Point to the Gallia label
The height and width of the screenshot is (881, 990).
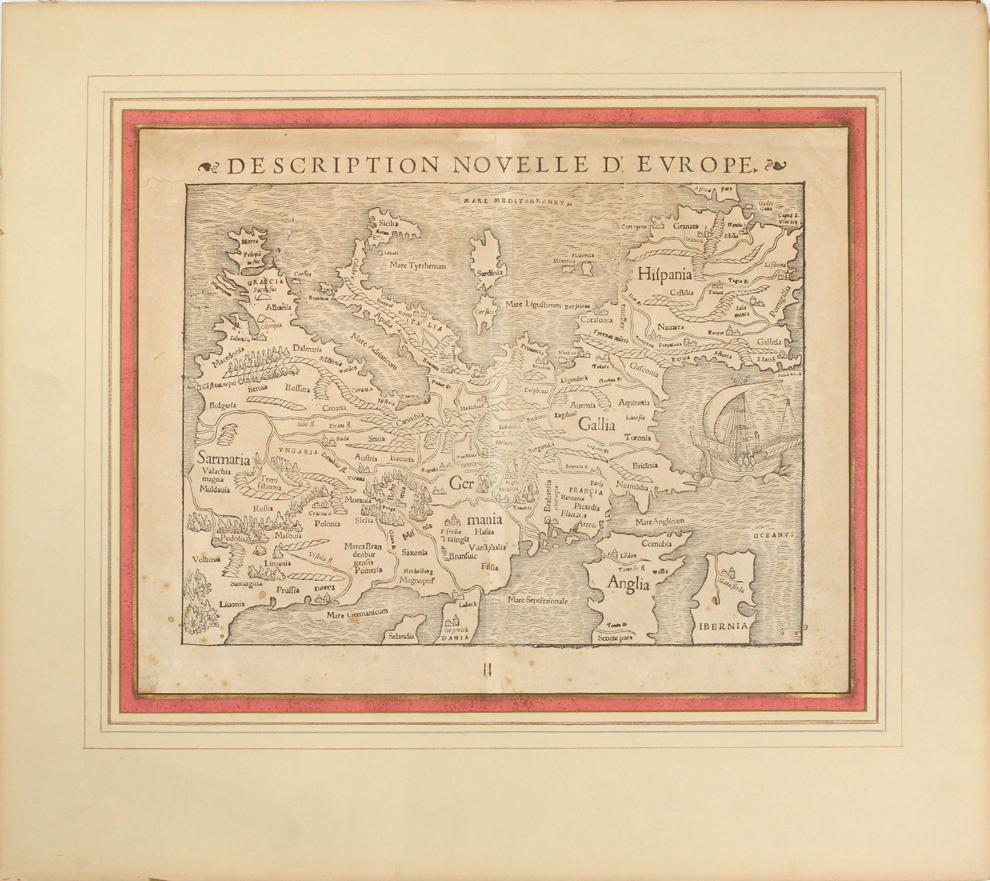[x=597, y=424]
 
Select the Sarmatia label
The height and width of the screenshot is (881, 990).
[x=223, y=460]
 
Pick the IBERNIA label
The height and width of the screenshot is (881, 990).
[x=725, y=625]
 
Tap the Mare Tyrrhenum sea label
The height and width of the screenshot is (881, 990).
[x=418, y=265]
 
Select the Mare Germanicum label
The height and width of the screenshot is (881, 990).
[x=358, y=612]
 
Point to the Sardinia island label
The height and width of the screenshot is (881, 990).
[x=488, y=272]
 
